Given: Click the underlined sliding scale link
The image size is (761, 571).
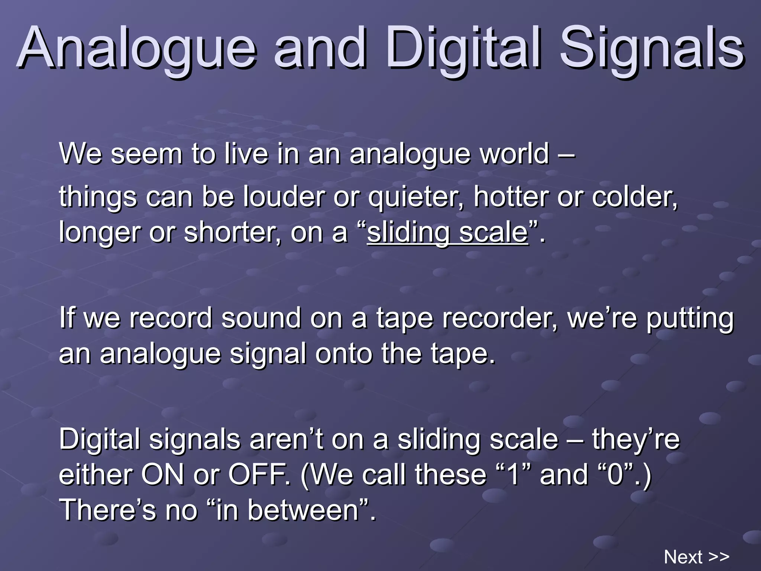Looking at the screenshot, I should (447, 233).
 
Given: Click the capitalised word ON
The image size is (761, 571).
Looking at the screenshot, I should (163, 475).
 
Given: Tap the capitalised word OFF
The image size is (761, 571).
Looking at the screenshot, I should (258, 475).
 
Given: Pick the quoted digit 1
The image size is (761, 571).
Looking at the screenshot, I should (514, 475).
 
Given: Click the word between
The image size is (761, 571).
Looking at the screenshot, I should (303, 510).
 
